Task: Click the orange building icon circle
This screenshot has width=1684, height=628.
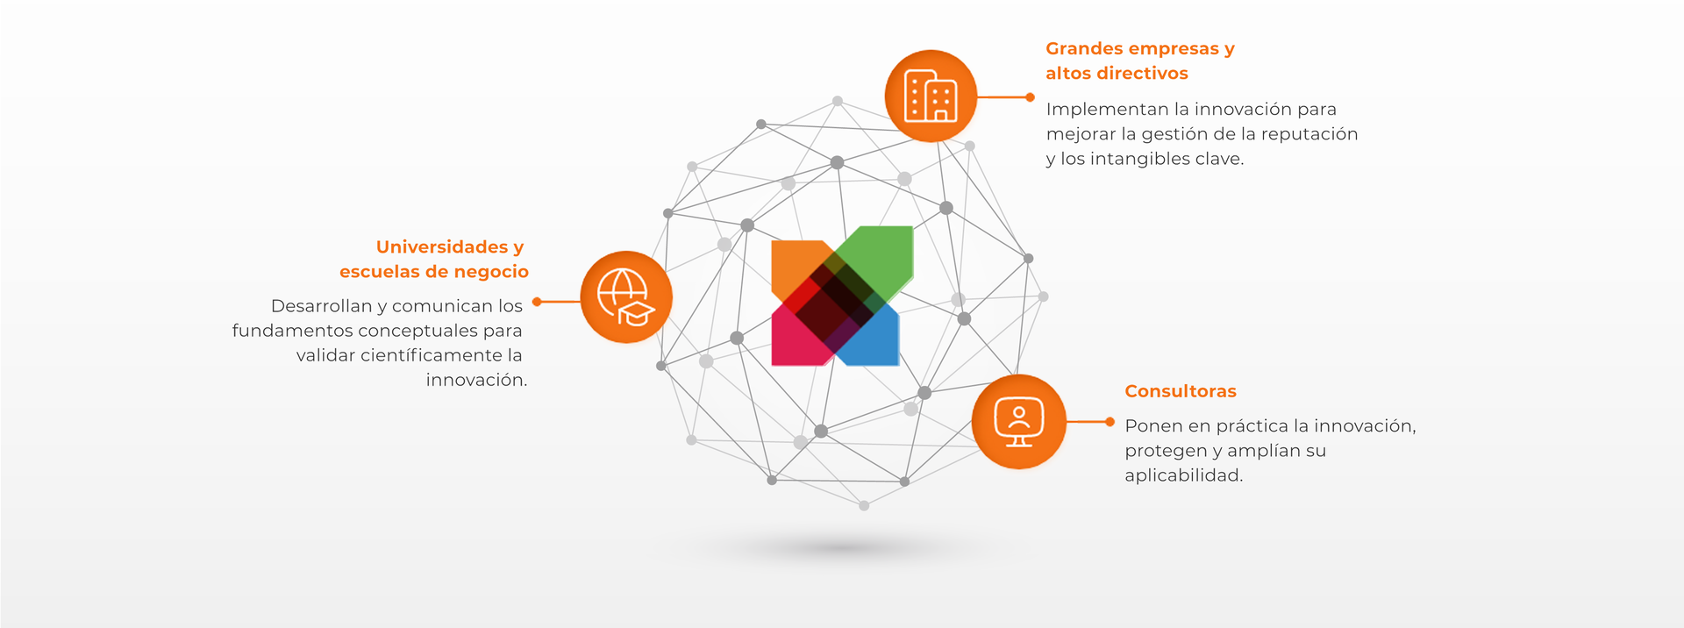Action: [931, 96]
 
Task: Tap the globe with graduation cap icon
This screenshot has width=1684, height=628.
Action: [626, 297]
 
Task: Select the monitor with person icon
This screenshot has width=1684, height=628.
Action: [1018, 422]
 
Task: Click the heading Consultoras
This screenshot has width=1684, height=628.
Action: [1180, 391]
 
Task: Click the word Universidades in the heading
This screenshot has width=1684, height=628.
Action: [442, 247]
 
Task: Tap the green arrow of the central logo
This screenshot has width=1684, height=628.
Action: [881, 254]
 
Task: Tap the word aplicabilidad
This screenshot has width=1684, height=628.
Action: [1183, 475]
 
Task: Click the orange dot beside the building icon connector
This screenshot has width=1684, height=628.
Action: [1031, 97]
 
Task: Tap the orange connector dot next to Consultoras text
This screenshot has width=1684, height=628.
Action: [1110, 422]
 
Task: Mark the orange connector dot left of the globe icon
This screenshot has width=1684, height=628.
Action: [537, 302]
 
